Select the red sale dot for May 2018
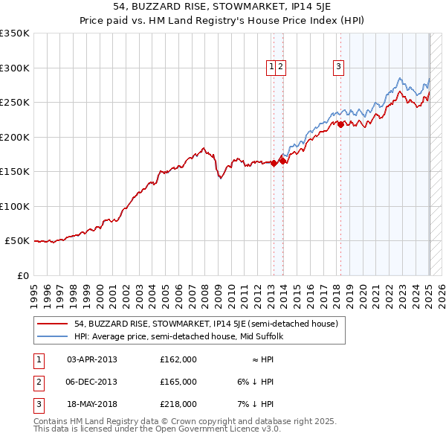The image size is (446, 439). pos(340,124)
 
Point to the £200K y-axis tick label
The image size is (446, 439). pos(15,137)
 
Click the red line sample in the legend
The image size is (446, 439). pos(52,324)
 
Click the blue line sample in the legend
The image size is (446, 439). pos(52,336)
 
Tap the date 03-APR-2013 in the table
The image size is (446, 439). pos(92,359)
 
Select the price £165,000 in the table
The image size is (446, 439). pos(178,382)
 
